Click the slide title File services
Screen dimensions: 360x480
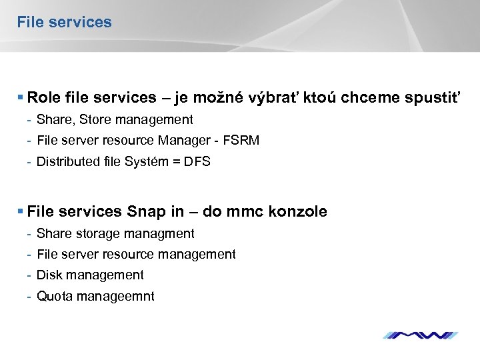(64, 22)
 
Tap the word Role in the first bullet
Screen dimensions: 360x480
(45, 98)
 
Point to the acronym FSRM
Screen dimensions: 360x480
(241, 141)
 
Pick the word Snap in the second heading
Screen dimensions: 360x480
(146, 212)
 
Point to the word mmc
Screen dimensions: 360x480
(245, 212)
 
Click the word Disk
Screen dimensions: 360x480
(49, 275)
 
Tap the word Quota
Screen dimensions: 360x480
(55, 296)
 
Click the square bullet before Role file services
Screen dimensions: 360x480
(21, 98)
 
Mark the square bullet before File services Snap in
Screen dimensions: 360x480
(21, 212)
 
